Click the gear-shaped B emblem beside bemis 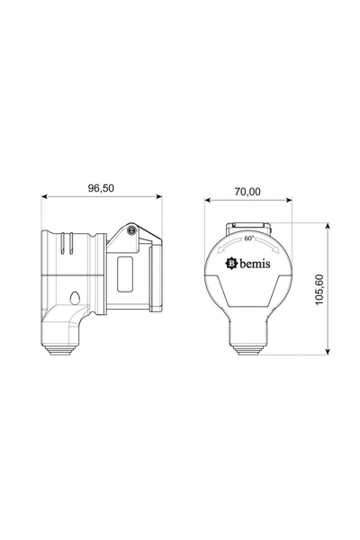click(230, 264)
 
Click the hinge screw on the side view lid click(132, 231)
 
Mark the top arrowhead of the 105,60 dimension click(327, 225)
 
